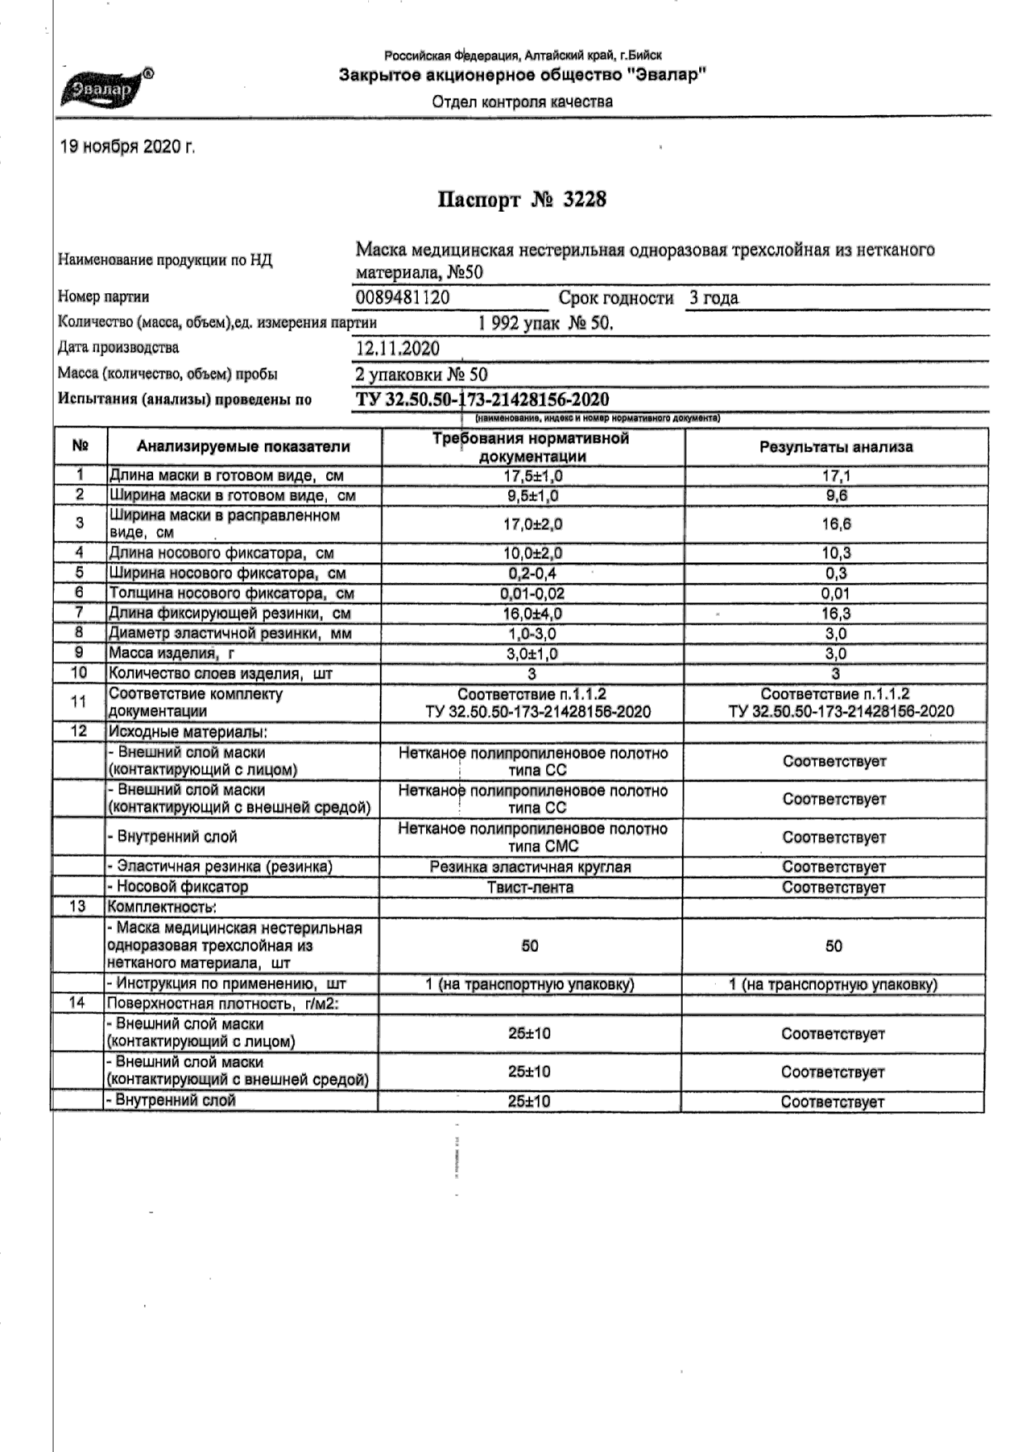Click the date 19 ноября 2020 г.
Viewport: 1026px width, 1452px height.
(128, 147)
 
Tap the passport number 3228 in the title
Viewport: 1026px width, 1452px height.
(584, 200)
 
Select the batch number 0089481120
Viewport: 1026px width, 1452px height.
(403, 298)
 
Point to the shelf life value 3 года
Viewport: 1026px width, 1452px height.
(714, 298)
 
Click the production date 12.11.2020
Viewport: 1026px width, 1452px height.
(397, 348)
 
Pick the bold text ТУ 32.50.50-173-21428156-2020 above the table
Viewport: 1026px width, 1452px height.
(483, 399)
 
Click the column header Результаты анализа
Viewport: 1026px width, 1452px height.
(836, 447)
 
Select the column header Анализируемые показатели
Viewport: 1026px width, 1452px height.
(243, 447)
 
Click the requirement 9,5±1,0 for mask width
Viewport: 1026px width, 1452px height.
(531, 496)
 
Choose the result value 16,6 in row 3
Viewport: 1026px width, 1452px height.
(836, 524)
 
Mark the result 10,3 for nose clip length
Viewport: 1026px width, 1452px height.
(836, 553)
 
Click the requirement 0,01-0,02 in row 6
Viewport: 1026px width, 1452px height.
(531, 593)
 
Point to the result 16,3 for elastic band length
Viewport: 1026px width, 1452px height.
(836, 613)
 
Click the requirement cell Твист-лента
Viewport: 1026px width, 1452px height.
(530, 887)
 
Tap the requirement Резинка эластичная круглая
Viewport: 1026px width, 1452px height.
(530, 867)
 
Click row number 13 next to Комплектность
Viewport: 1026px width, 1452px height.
(78, 906)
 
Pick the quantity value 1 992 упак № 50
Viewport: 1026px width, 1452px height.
(545, 323)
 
